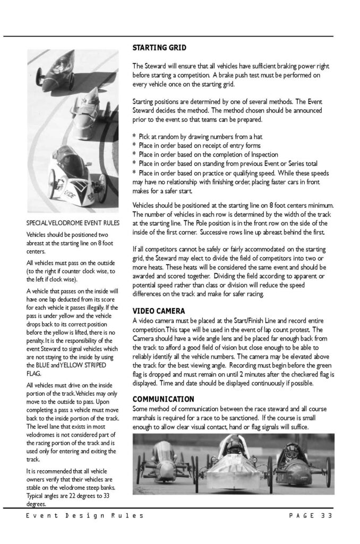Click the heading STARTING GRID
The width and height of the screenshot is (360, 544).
coord(159,48)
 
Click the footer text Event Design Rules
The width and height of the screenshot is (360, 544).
coord(84,516)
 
